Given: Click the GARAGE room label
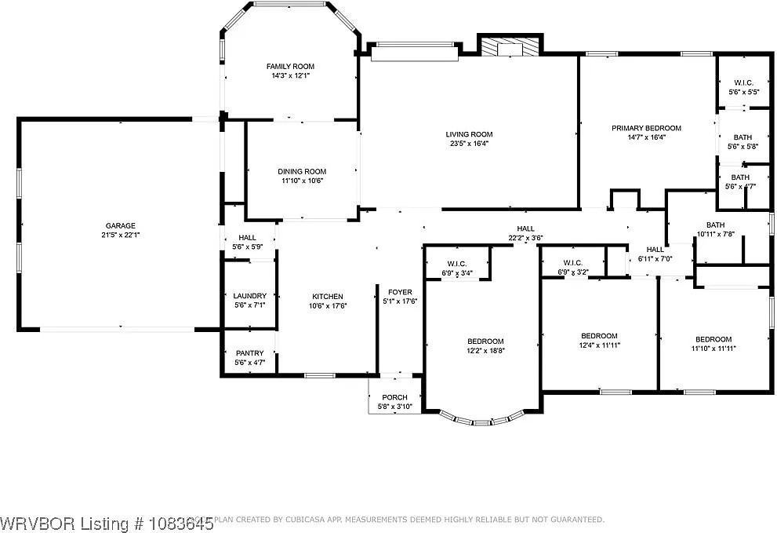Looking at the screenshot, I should (x=116, y=225).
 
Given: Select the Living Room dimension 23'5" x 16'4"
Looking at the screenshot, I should (x=470, y=144).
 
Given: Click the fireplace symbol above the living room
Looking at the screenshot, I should (x=510, y=47).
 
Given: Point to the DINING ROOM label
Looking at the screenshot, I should (x=302, y=171).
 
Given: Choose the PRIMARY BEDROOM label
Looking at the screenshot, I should (x=646, y=128).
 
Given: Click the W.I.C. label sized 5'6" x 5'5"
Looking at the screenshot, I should (x=743, y=82).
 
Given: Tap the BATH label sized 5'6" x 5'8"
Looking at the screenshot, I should (x=743, y=137).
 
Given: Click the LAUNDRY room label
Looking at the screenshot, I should (x=250, y=296).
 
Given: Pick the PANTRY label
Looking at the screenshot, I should (x=250, y=353).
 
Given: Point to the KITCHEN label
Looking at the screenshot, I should (x=328, y=297).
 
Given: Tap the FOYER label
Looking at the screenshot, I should (x=400, y=292).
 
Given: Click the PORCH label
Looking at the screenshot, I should (x=394, y=397).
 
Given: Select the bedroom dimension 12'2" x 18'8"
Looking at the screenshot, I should (x=485, y=351).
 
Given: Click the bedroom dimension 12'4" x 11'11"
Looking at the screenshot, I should (x=599, y=345).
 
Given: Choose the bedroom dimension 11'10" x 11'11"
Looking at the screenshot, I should (x=713, y=349).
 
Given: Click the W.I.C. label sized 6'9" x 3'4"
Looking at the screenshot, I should (x=457, y=273).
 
